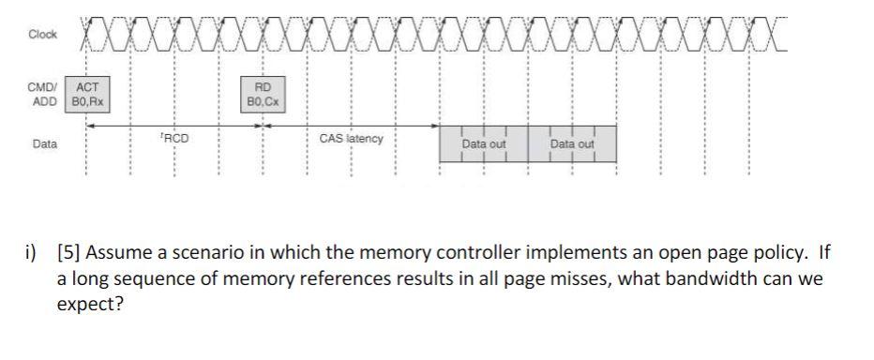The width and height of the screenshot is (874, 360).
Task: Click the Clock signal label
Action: (42, 34)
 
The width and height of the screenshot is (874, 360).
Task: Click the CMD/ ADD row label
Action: (44, 92)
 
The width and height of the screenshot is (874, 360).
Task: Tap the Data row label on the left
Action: (43, 144)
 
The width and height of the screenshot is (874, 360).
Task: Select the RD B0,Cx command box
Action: (263, 93)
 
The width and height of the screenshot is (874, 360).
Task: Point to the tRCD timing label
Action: (174, 139)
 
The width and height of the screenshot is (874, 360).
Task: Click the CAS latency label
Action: (351, 139)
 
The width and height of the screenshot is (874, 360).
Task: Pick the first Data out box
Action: (484, 144)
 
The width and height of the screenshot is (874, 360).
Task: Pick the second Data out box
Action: (572, 144)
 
